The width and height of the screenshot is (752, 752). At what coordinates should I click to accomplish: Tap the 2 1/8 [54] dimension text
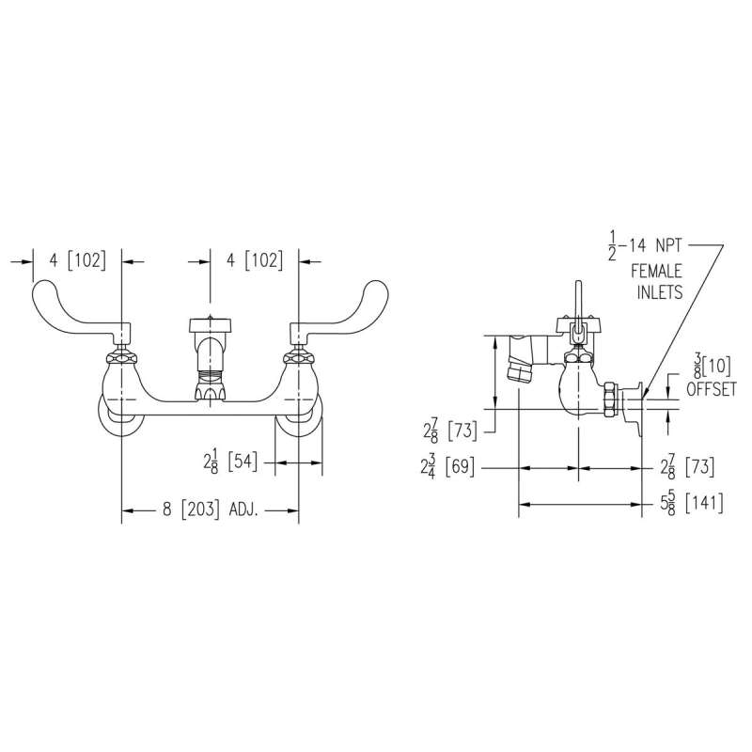[230, 462]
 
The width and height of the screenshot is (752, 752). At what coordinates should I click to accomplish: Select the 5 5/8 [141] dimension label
[692, 504]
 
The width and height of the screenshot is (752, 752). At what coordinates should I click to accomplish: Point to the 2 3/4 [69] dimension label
[447, 466]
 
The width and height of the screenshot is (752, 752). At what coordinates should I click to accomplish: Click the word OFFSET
[712, 389]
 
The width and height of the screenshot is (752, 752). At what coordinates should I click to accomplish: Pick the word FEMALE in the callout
[656, 272]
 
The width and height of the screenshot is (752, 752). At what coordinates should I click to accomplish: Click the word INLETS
[660, 292]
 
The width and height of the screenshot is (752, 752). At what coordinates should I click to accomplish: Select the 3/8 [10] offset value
[713, 367]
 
